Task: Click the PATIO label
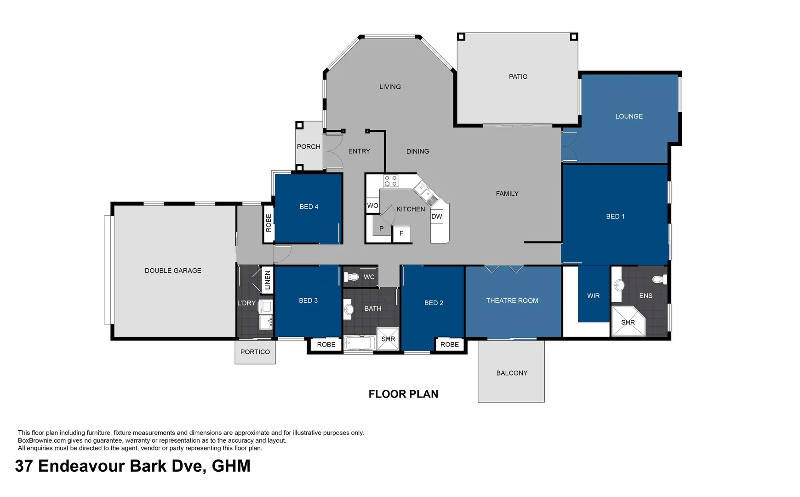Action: [x=518, y=76]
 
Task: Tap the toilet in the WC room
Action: [x=352, y=277]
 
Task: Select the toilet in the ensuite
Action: [x=659, y=279]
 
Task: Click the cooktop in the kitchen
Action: [x=391, y=181]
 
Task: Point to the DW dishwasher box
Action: [x=437, y=216]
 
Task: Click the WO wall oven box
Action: [x=372, y=206]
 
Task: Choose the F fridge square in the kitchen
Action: [x=401, y=233]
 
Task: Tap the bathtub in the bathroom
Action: [x=360, y=343]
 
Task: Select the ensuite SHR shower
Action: [x=628, y=322]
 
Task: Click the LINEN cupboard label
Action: [x=268, y=280]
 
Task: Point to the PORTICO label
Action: [x=255, y=352]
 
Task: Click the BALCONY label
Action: [x=512, y=373]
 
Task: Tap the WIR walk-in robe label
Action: [x=593, y=296]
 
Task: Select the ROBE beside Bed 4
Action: [x=269, y=223]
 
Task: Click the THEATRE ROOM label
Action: [x=512, y=301]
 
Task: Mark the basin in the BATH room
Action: [x=349, y=309]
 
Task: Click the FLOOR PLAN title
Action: [x=403, y=394]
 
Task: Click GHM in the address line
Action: [x=231, y=466]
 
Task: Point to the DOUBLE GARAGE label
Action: [x=173, y=271]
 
